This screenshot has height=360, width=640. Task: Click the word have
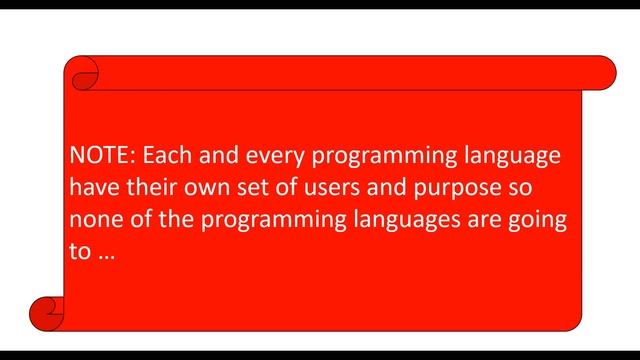pos(94,189)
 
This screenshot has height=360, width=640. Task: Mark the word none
pos(96,221)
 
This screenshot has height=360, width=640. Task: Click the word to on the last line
pos(80,253)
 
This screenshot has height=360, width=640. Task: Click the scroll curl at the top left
pos(82,71)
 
